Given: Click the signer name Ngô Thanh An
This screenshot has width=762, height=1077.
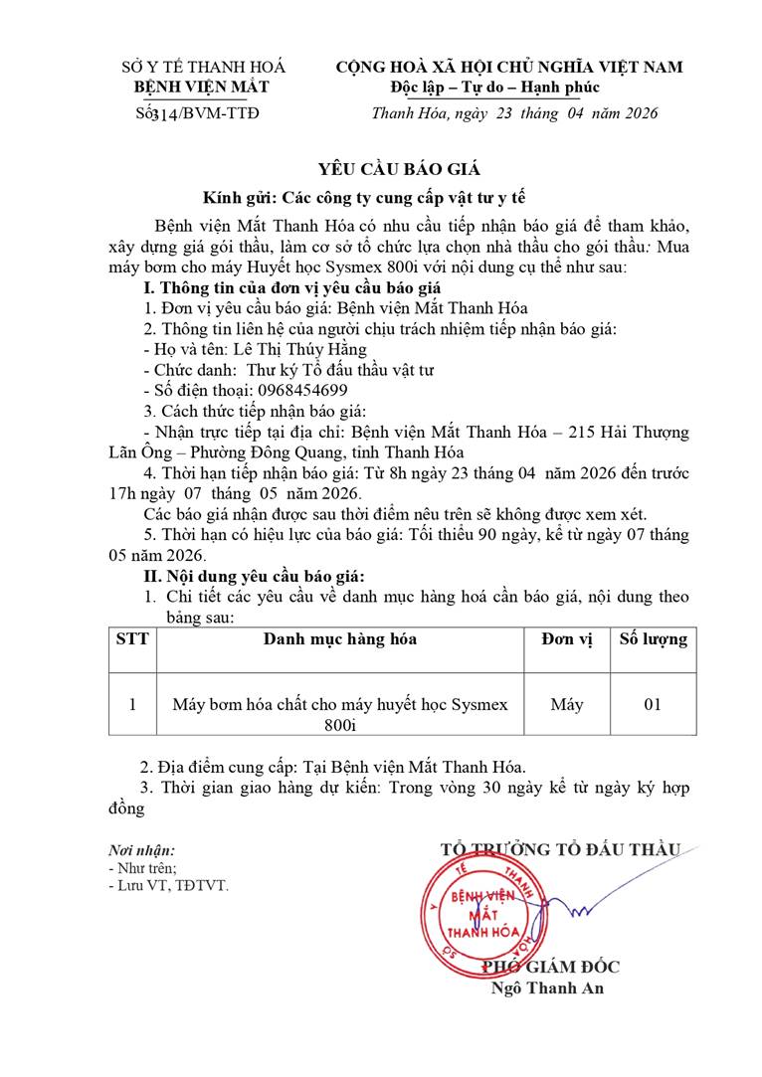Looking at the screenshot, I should (547, 987).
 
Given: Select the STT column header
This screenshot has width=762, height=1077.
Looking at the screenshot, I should (131, 639).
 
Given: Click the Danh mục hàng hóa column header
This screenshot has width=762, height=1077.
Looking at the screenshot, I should (339, 639).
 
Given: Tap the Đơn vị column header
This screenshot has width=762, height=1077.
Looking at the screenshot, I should (566, 639).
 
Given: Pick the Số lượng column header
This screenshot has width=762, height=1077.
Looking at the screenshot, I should (653, 639).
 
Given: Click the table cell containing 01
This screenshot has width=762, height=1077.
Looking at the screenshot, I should (653, 704).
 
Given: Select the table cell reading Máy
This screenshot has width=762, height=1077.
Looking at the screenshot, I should (566, 704).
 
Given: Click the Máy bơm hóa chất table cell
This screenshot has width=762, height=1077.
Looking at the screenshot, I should (339, 714).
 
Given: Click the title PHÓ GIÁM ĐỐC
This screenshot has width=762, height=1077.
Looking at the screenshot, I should (550, 967).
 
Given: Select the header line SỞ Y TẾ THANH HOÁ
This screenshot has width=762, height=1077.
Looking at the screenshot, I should (203, 67).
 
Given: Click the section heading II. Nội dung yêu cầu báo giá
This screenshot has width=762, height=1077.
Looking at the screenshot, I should (255, 577).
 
